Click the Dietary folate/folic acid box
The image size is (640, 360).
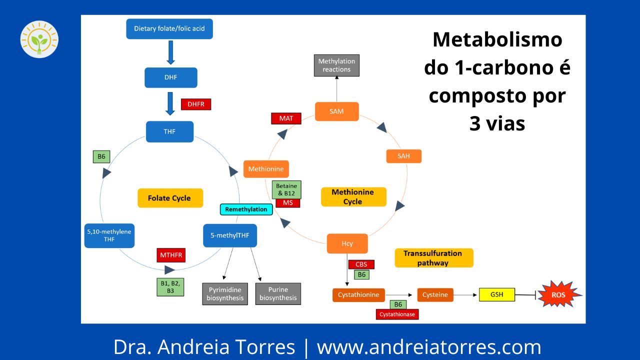169,28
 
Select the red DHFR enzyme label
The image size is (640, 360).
196,104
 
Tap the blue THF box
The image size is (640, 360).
169,131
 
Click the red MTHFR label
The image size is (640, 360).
171,255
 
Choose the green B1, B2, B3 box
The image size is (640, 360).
170,286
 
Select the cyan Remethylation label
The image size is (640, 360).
246,209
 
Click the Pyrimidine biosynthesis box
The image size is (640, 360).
225,294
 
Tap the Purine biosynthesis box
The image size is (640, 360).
278,294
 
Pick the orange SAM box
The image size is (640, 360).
336,111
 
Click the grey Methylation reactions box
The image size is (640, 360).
336,65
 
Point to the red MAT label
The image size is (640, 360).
286,118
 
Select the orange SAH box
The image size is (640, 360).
403,156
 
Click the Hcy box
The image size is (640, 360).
347,243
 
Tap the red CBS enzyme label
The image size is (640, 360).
361,264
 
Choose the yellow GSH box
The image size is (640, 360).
497,294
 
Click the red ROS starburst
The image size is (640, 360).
558,295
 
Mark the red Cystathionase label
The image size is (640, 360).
397,314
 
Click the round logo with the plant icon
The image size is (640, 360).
39,39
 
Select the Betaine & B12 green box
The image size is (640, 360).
287,189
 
